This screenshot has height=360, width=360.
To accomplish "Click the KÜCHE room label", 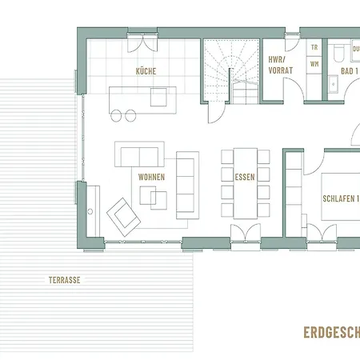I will (x=146, y=71).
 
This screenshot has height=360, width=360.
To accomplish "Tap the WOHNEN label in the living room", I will (x=152, y=177).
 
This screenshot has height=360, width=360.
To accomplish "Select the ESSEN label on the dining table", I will (x=245, y=178).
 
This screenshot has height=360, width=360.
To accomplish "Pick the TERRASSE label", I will (x=65, y=281).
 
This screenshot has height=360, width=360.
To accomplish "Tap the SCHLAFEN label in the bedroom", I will (x=339, y=199).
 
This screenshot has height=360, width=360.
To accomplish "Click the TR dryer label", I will (x=314, y=48).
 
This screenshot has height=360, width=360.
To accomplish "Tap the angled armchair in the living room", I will (x=123, y=214).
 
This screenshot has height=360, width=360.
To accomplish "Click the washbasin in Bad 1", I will (x=331, y=81).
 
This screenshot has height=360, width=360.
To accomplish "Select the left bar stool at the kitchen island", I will (x=117, y=116).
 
